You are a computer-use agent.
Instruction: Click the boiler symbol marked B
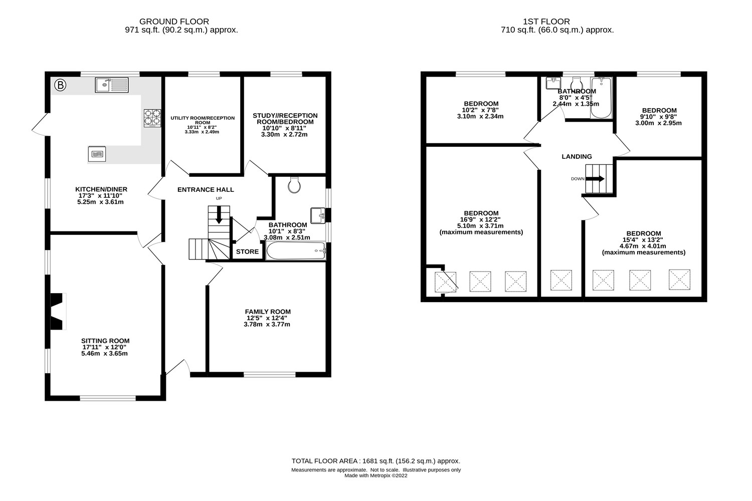[x=60, y=85]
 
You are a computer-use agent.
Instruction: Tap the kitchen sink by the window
[x=111, y=85]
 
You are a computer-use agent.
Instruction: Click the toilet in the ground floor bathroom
[x=294, y=185]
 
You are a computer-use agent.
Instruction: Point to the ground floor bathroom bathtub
[x=296, y=251]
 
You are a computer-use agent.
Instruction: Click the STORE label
[x=247, y=252]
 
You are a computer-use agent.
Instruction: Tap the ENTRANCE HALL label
[x=206, y=190]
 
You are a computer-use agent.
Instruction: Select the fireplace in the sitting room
[x=58, y=311]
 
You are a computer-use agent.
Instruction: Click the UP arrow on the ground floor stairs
[x=219, y=215]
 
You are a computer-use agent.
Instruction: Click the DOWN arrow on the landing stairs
[x=597, y=179]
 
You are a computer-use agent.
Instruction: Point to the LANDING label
[x=577, y=157]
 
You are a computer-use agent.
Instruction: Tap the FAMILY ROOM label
[x=268, y=312]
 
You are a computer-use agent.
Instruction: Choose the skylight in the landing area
[x=561, y=281]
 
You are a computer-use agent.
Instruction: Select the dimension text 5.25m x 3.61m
[x=100, y=202]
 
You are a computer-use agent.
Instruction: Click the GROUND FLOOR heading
[x=174, y=22]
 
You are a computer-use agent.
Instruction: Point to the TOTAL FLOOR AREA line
[x=375, y=461]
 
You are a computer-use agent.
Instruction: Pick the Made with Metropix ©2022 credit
[x=375, y=476]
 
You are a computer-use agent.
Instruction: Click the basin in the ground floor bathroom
[x=318, y=215]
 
